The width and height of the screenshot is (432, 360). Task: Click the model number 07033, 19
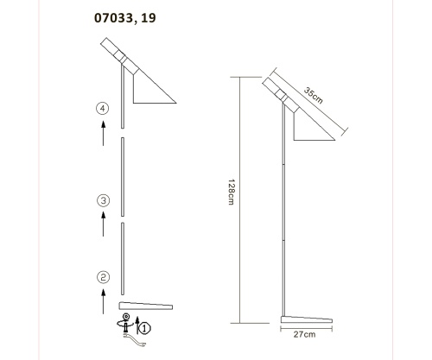coord(125,17)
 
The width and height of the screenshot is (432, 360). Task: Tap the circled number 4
coord(104,109)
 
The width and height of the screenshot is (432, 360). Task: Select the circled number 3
coord(104,201)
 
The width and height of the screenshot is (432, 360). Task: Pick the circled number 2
coord(104,277)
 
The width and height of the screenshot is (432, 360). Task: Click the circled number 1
coord(144,328)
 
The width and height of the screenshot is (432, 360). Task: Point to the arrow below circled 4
coord(104,133)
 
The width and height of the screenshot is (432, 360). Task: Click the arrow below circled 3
coord(104,224)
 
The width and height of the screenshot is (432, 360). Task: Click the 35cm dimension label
coord(313,96)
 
